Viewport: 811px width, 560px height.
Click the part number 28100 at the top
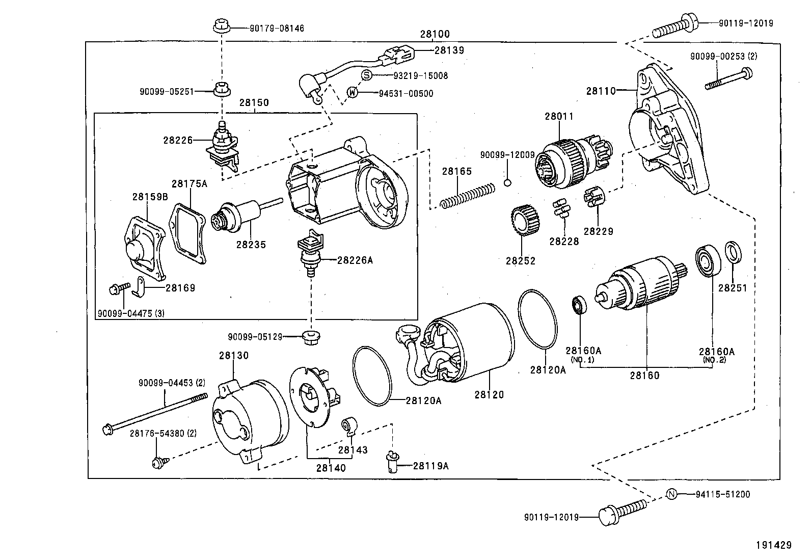coord(435,34)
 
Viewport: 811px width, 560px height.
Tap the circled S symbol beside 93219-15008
coord(367,75)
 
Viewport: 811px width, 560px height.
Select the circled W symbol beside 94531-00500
coord(353,93)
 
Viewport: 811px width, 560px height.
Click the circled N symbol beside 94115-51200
coord(672,494)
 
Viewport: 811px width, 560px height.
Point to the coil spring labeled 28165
coord(467,196)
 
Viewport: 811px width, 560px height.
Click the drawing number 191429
coord(773,545)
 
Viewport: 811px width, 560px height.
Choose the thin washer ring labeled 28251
coord(733,253)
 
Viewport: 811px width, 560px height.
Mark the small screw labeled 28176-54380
coord(158,462)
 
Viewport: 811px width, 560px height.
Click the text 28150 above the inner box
coord(254,102)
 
